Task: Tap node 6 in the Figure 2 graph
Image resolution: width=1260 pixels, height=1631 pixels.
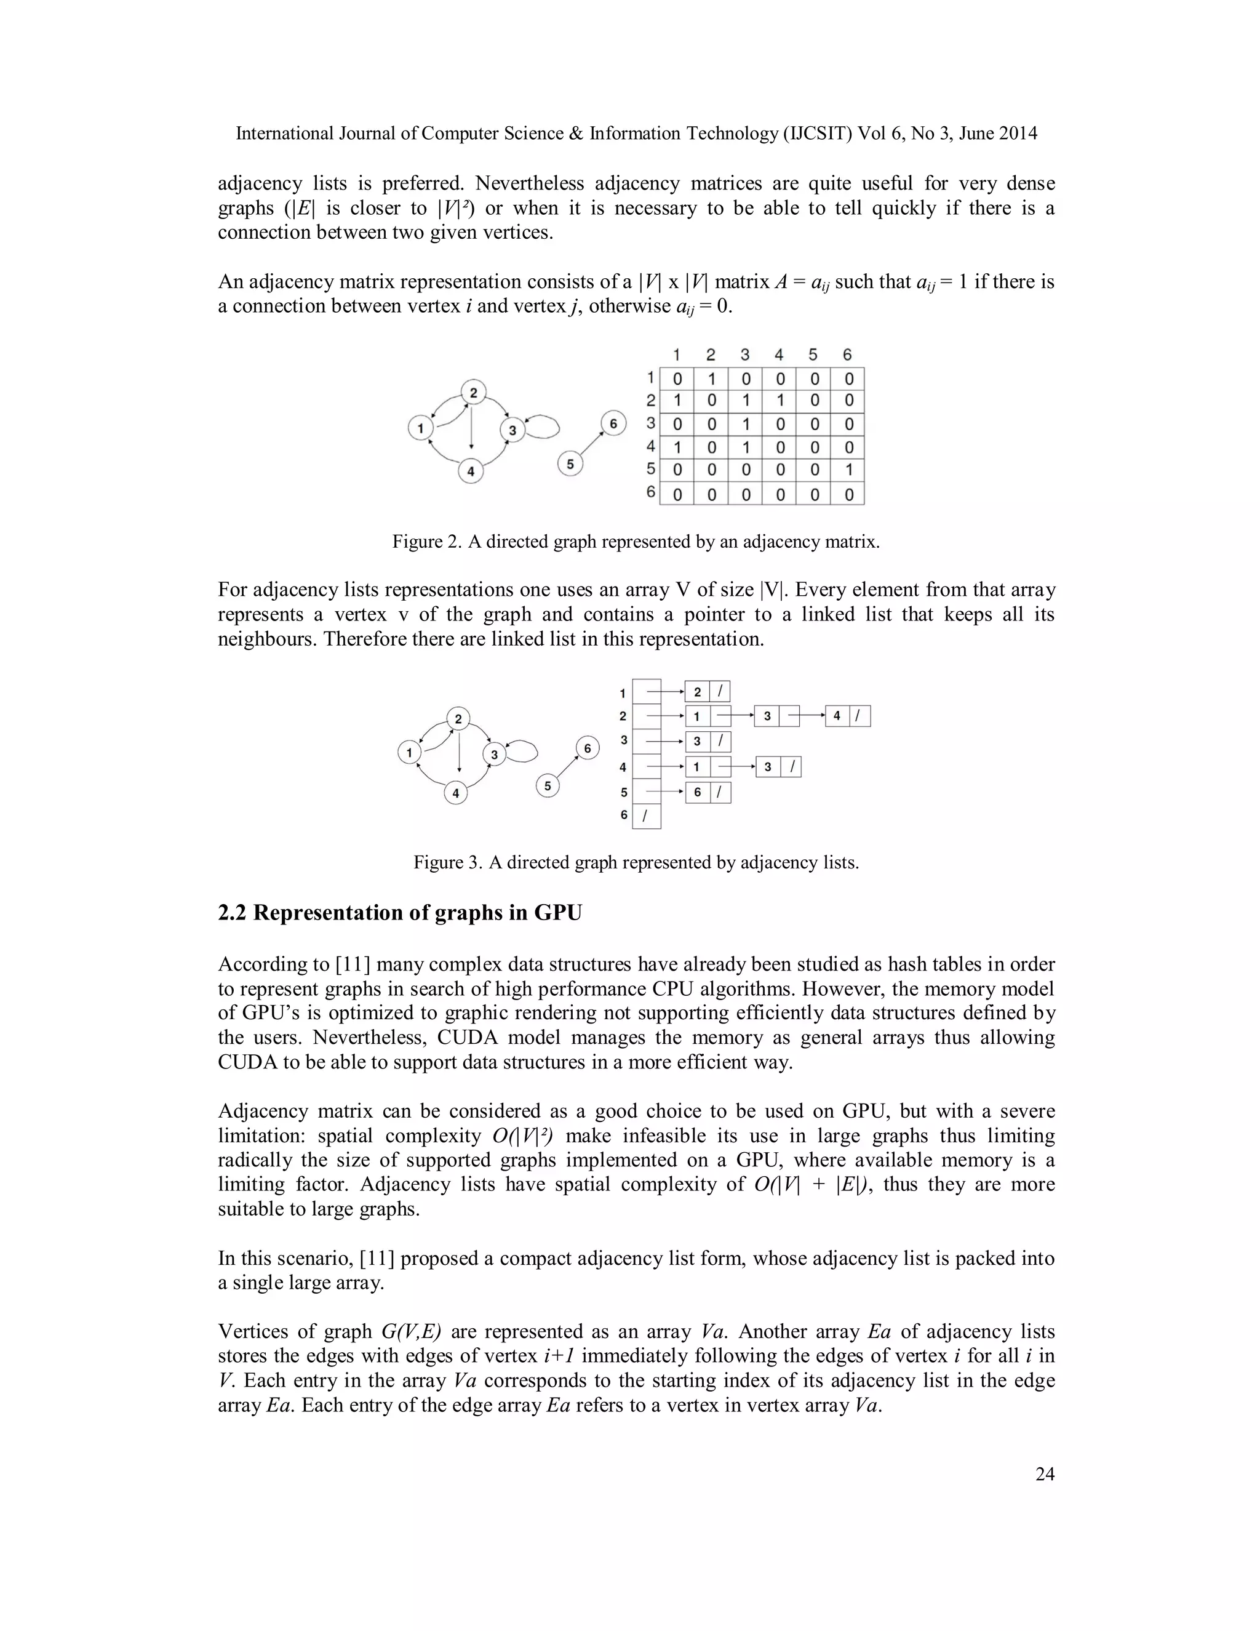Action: click(613, 424)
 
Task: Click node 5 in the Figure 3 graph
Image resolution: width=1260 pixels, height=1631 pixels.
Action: click(548, 785)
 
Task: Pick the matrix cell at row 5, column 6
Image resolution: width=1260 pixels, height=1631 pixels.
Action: click(848, 470)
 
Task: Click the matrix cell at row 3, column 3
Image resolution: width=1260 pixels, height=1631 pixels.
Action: click(745, 424)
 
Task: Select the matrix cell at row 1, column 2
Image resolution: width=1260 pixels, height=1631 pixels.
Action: click(711, 379)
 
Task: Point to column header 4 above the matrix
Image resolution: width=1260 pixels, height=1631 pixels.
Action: click(778, 355)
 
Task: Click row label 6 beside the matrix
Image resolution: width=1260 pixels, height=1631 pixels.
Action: click(651, 492)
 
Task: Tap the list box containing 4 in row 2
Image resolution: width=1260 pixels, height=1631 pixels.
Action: click(837, 716)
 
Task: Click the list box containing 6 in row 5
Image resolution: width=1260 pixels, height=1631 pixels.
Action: click(697, 792)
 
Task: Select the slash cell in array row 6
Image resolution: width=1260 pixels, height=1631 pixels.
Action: click(647, 815)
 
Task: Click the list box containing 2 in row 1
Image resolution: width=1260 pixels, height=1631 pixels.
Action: click(697, 692)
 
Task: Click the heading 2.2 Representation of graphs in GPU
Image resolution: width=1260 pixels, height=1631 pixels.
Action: click(399, 913)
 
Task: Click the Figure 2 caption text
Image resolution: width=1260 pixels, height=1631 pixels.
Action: click(636, 542)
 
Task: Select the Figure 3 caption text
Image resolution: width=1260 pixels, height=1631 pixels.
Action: click(636, 862)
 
